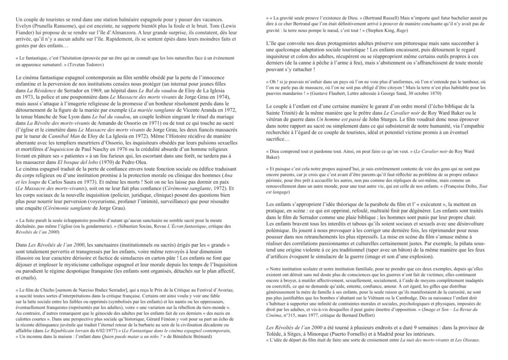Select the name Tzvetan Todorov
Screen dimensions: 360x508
(90, 65)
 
